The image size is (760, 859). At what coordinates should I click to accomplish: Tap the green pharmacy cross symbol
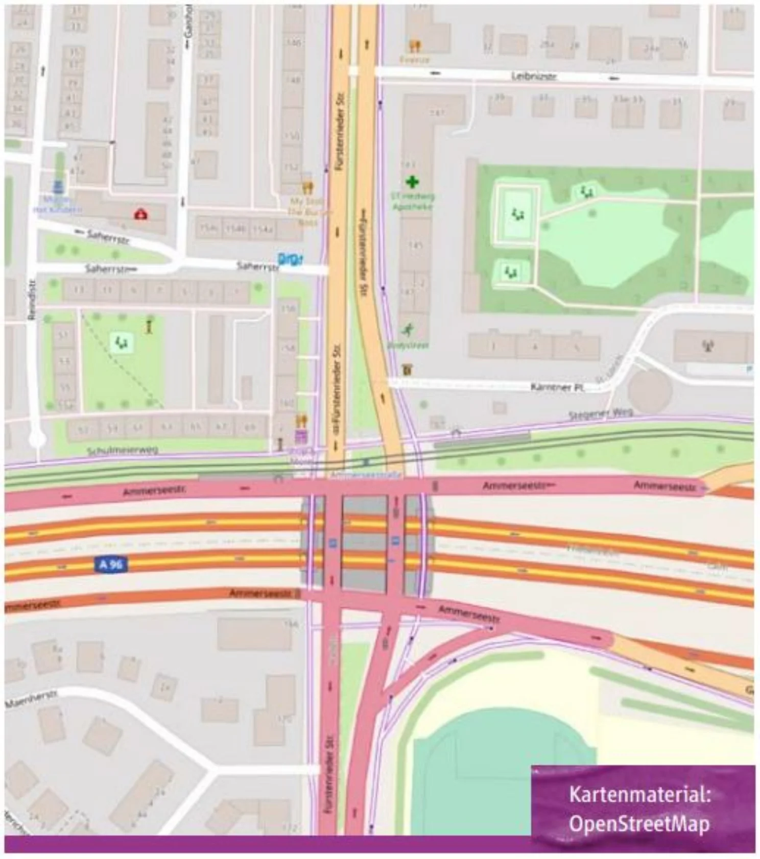pyautogui.click(x=412, y=182)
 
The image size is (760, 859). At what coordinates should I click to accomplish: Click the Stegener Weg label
pyautogui.click(x=601, y=414)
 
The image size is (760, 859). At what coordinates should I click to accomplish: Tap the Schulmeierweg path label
pyautogui.click(x=122, y=451)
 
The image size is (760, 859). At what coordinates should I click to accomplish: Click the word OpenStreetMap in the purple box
pyautogui.click(x=639, y=824)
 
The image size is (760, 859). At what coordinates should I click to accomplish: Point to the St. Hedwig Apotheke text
pyautogui.click(x=412, y=201)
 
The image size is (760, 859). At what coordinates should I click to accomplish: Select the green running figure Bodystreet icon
pyautogui.click(x=408, y=330)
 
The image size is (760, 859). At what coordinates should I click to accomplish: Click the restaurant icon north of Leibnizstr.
pyautogui.click(x=415, y=46)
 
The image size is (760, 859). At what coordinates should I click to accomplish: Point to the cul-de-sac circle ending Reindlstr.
pyautogui.click(x=37, y=439)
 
